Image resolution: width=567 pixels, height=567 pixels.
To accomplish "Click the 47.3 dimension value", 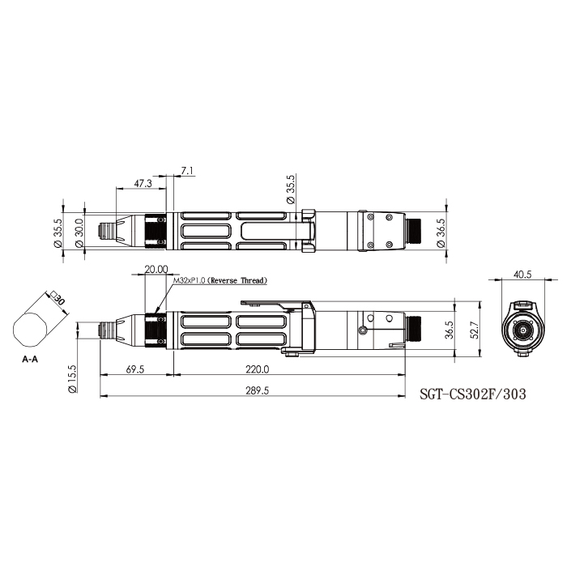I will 143,184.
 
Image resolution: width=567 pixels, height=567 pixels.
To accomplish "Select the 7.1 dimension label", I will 187,171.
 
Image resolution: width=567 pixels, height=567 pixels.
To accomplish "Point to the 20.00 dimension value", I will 156,269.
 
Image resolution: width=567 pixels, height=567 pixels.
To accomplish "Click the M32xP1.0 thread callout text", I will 190,280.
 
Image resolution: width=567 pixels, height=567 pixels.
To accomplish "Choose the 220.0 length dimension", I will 257,369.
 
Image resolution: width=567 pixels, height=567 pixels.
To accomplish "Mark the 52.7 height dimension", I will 475,330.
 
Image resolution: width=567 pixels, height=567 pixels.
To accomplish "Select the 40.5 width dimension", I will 522,275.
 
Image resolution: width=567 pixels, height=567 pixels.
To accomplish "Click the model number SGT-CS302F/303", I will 473,394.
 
